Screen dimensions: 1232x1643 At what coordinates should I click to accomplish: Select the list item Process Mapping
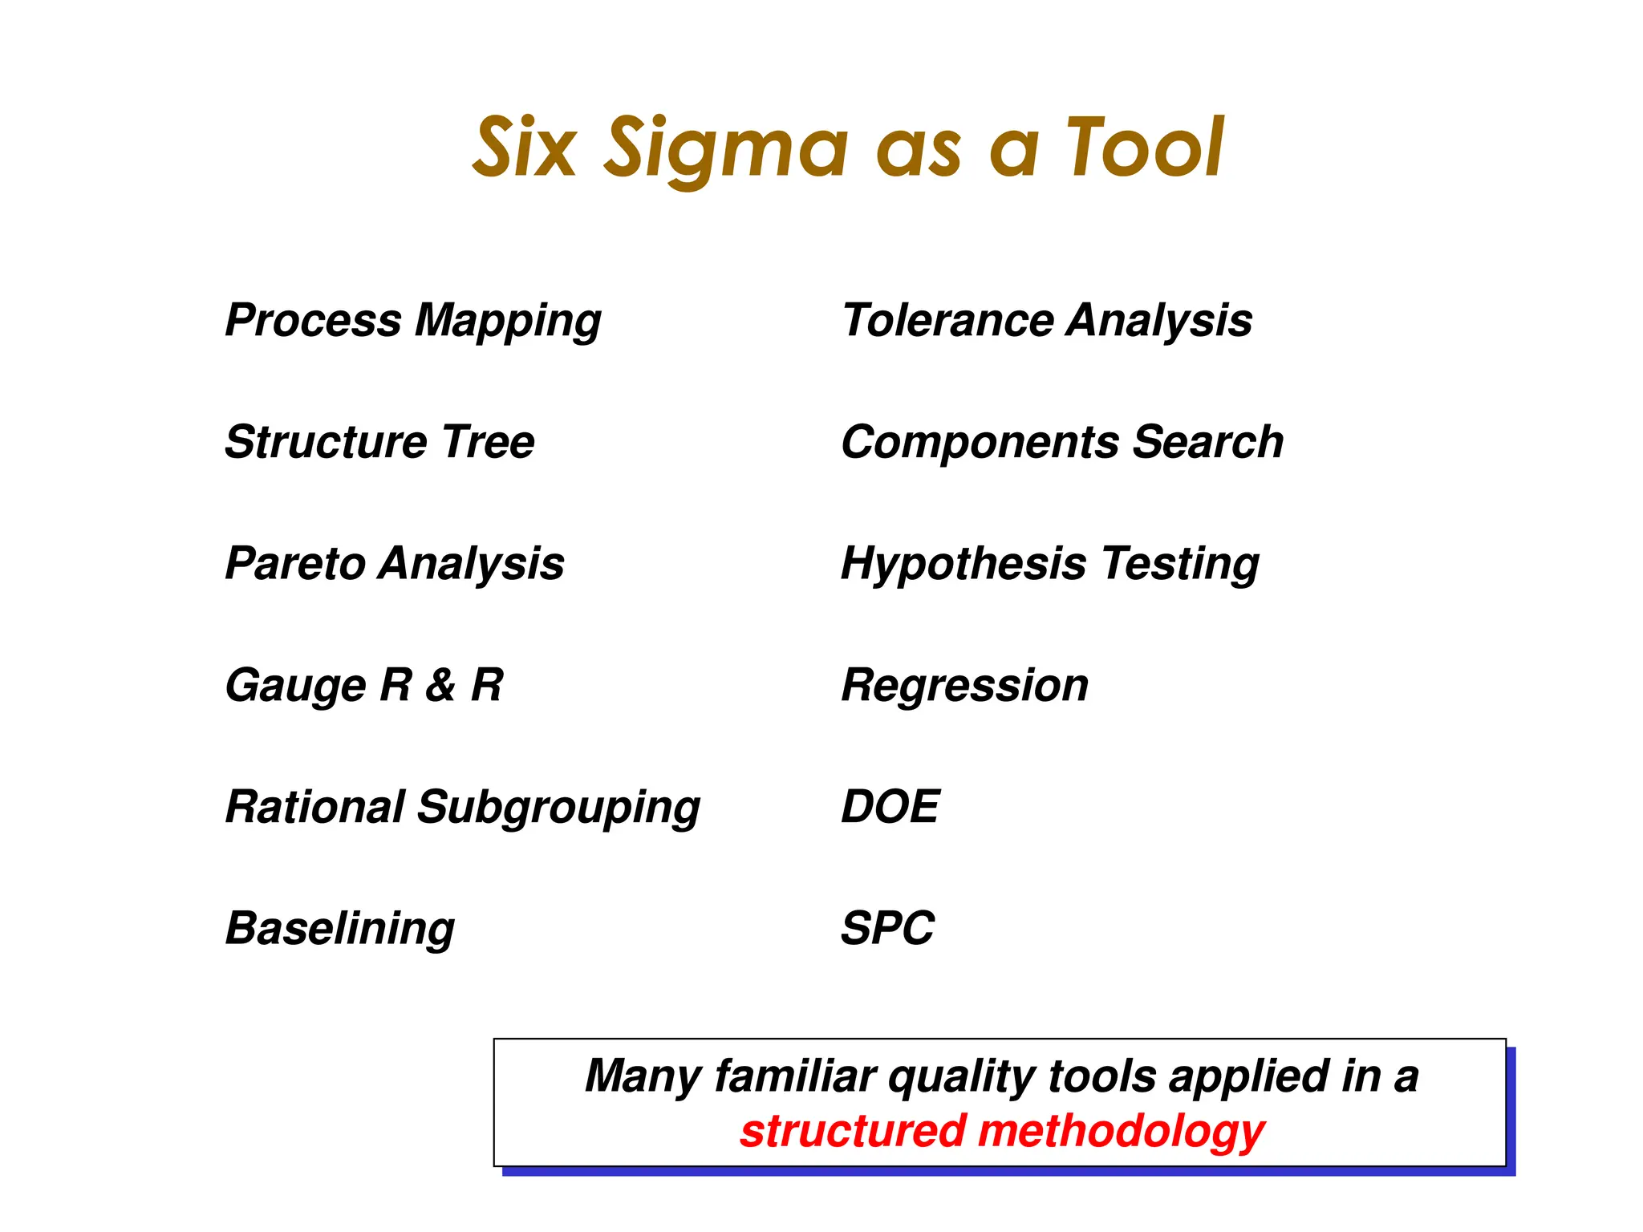tap(413, 321)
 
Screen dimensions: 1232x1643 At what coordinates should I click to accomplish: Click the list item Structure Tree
tap(379, 442)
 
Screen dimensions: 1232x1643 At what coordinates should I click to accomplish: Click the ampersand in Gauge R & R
tap(440, 686)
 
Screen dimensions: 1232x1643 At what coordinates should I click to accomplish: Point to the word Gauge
tap(295, 687)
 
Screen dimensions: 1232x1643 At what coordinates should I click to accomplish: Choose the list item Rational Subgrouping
tap(462, 808)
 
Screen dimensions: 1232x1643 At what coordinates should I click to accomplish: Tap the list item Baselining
tap(339, 929)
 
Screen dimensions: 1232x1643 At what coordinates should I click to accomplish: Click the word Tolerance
tap(947, 321)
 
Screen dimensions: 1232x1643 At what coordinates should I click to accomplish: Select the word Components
tap(979, 444)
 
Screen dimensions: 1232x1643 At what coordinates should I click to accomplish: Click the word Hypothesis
tap(963, 565)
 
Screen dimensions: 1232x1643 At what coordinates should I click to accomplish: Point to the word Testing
tap(1180, 565)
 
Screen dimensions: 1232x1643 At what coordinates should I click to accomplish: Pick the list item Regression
tap(964, 687)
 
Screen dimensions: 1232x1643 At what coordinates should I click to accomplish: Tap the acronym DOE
tap(890, 807)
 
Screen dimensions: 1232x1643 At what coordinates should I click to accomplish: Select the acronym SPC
tap(887, 929)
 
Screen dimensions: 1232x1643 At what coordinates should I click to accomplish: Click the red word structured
tap(852, 1132)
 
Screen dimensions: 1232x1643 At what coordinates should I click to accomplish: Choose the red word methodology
tap(1122, 1132)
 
